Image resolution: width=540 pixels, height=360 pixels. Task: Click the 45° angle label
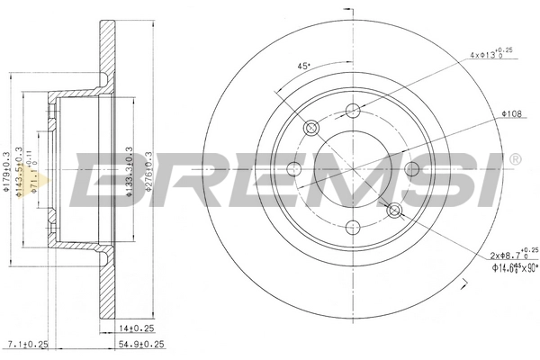click(303, 66)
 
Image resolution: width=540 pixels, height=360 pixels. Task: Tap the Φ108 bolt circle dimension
click(511, 114)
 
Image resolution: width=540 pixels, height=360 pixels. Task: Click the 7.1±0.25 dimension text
click(26, 345)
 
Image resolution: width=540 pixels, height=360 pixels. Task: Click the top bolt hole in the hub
click(353, 110)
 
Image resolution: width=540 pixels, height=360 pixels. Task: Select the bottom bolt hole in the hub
click(353, 228)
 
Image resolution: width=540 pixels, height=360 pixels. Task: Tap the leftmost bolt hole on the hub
click(293, 169)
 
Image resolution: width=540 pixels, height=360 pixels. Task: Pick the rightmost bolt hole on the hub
click(412, 169)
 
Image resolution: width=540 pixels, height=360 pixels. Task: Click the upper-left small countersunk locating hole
click(312, 128)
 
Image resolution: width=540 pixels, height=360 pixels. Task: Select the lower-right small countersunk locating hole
click(393, 211)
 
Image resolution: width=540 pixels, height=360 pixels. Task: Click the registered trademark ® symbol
click(514, 159)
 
